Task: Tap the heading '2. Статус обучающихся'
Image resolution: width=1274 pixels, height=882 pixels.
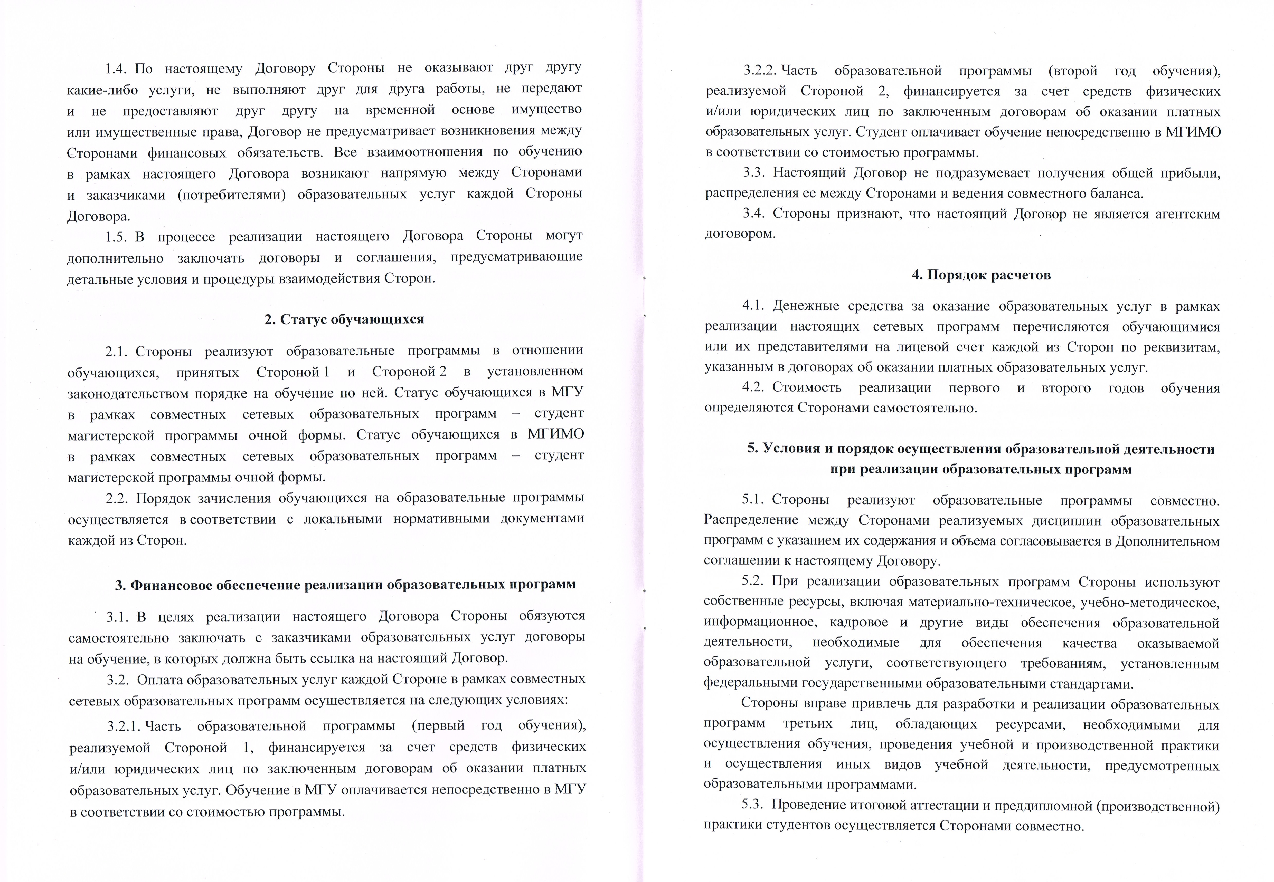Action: [x=344, y=319]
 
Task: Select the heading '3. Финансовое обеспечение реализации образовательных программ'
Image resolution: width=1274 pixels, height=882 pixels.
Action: [x=345, y=585]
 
